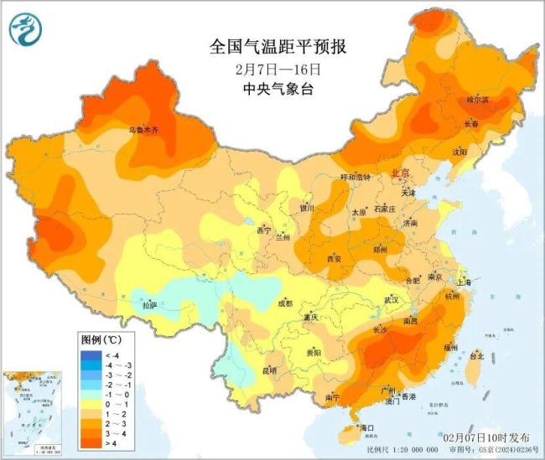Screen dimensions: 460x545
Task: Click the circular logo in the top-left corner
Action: [26, 30]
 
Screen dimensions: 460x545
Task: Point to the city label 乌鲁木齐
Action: [143, 131]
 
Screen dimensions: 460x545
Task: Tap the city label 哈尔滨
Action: [476, 99]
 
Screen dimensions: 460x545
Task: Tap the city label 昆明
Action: [269, 370]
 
